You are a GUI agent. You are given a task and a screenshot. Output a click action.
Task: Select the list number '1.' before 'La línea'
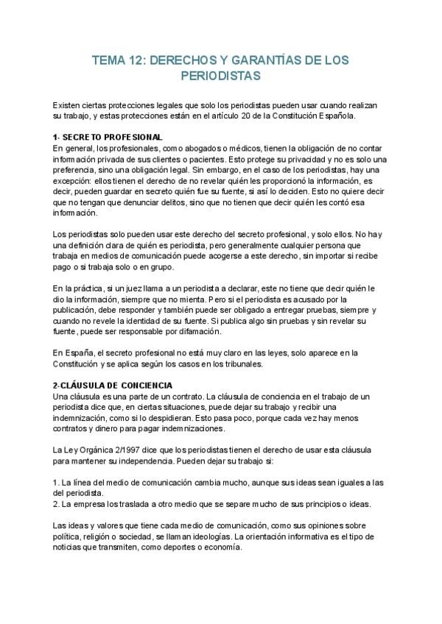57,481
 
